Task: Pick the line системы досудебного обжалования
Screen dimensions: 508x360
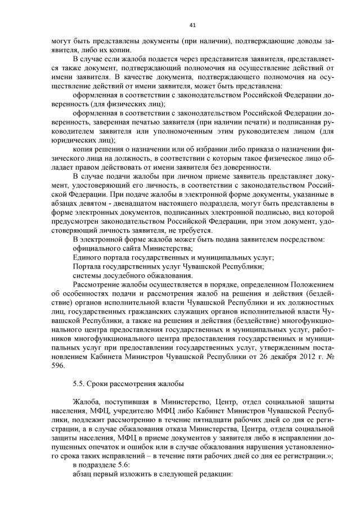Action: pyautogui.click(x=133, y=275)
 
